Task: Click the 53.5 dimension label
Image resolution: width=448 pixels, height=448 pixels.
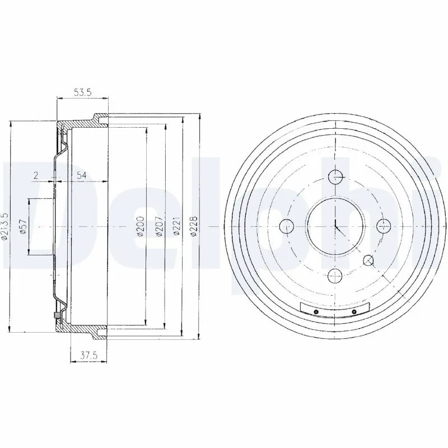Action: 82,92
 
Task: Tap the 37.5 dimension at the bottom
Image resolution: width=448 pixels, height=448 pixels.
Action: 89,356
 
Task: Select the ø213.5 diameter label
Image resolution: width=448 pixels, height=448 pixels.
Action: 5,226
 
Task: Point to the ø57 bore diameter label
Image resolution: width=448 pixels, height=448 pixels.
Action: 24,226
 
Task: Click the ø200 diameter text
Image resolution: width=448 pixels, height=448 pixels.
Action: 141,226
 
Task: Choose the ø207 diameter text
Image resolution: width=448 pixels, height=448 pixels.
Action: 159,226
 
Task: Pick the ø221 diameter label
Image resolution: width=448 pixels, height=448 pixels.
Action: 177,226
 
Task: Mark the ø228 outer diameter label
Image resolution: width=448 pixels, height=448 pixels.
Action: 194,226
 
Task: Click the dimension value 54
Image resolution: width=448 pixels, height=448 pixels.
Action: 81,175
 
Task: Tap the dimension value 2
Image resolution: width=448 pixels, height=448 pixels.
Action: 35,175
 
